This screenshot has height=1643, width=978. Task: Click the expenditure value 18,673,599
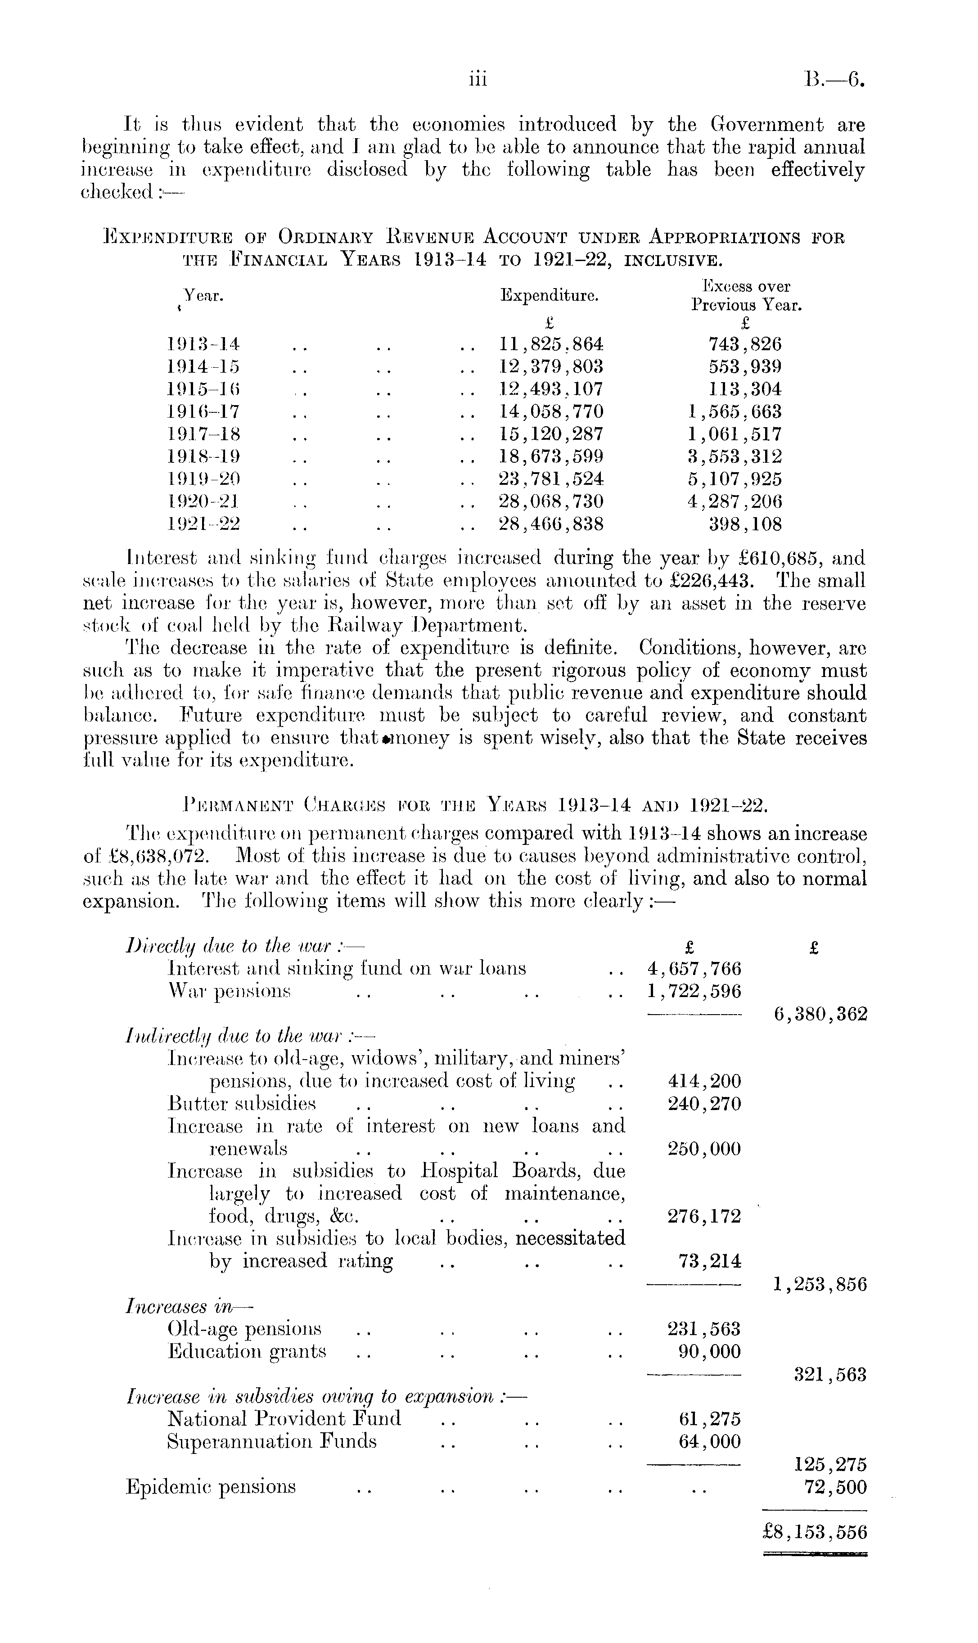pos(552,457)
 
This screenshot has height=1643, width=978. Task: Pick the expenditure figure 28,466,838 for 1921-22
pos(552,524)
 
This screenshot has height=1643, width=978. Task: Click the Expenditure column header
pos(550,295)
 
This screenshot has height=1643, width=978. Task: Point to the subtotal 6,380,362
pos(820,1014)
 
